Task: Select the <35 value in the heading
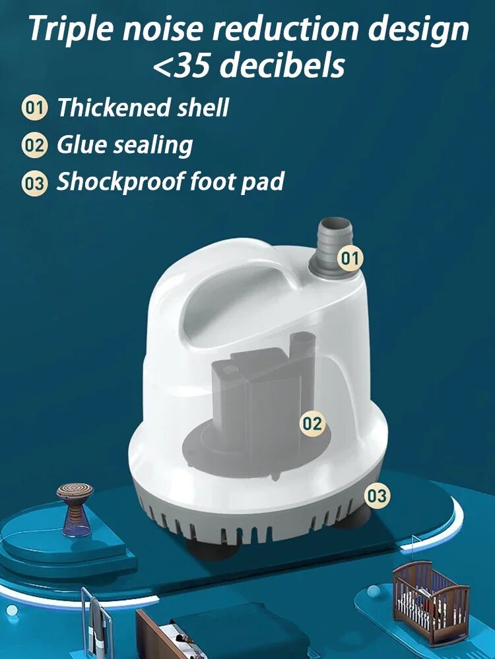click(183, 67)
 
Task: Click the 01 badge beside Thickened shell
click(34, 108)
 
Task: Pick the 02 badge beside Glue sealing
click(33, 146)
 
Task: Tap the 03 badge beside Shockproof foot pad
click(34, 183)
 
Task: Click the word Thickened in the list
click(114, 107)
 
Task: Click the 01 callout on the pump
click(350, 258)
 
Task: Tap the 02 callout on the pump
click(312, 424)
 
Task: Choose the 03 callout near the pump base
click(377, 496)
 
